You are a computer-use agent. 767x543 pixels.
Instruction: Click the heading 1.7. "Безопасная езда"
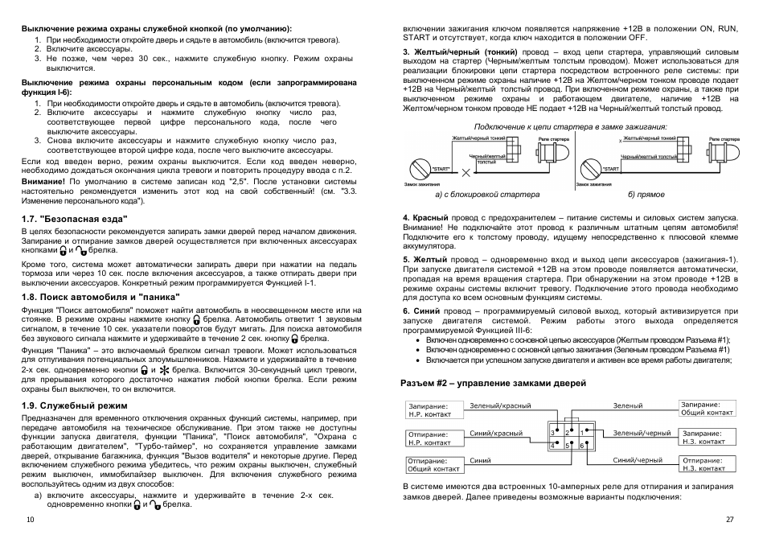pyautogui.click(x=74, y=217)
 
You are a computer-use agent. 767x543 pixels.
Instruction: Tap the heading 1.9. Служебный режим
pyautogui.click(x=75, y=405)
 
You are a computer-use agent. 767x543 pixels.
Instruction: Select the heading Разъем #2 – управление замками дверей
pyautogui.click(x=494, y=383)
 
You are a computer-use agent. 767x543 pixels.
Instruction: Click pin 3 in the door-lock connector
pyautogui.click(x=553, y=433)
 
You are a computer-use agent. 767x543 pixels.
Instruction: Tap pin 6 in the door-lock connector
pyautogui.click(x=580, y=445)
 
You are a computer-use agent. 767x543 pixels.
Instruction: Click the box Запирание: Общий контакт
pyautogui.click(x=706, y=408)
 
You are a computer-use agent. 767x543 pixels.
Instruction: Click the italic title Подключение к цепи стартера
pyautogui.click(x=571, y=126)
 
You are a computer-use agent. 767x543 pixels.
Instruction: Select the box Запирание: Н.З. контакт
pyautogui.click(x=704, y=437)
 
